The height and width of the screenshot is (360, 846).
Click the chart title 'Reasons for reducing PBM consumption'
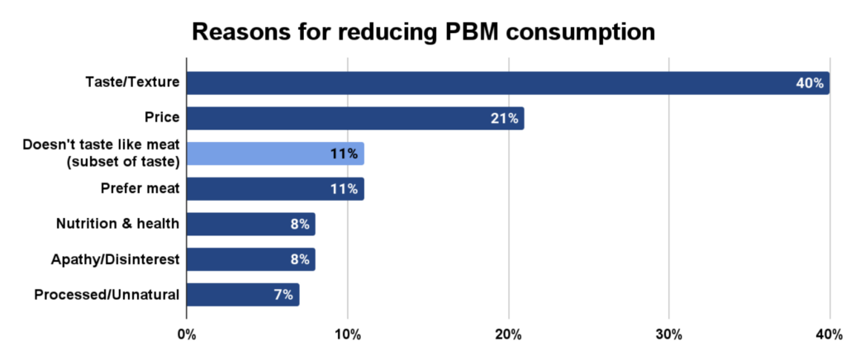pos(423,31)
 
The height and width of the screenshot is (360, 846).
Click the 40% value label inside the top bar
pos(810,83)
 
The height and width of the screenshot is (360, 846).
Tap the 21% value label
pos(505,119)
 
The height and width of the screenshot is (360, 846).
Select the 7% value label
pos(283,295)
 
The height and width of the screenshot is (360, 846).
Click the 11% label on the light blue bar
pos(345,154)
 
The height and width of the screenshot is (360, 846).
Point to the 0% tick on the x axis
pos(187,334)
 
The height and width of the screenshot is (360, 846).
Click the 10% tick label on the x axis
pos(347,334)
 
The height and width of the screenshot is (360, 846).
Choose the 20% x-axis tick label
pos(508,334)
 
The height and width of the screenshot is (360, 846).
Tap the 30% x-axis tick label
pos(668,334)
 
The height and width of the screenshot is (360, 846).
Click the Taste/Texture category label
pos(133,83)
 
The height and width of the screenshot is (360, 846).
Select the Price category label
pos(164,118)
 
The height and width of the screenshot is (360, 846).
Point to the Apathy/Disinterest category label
pos(115,259)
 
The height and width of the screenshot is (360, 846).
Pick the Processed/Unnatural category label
pos(107,294)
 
